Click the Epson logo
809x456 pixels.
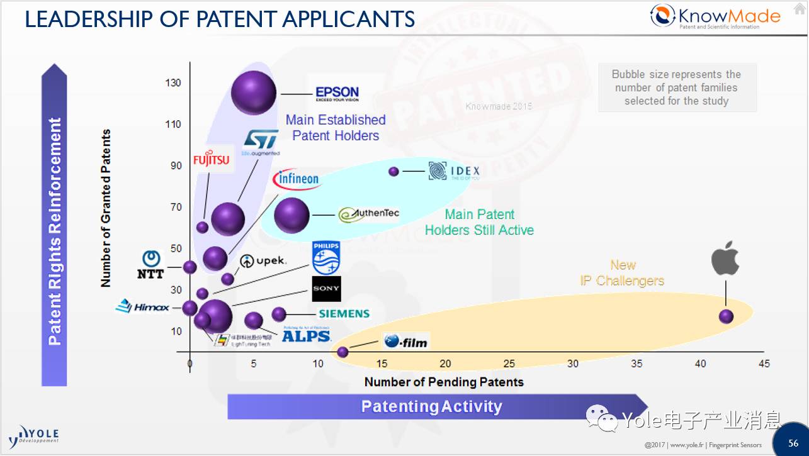[x=337, y=94]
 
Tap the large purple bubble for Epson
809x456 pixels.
[x=254, y=93]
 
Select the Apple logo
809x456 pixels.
[x=725, y=258]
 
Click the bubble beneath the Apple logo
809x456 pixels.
[x=727, y=316]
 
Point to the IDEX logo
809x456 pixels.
[x=454, y=171]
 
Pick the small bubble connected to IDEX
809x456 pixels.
[x=394, y=172]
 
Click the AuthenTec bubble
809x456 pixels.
[x=291, y=215]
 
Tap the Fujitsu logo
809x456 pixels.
[x=212, y=160]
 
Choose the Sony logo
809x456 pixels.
[x=326, y=289]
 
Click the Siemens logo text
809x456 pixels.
[x=344, y=313]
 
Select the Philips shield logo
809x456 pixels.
[x=325, y=258]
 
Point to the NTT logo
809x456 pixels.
[x=150, y=265]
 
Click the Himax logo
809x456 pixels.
[x=143, y=307]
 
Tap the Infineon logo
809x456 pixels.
[x=296, y=180]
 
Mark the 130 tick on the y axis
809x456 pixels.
[x=173, y=83]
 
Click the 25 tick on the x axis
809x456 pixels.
[x=509, y=364]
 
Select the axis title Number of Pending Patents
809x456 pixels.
[x=444, y=382]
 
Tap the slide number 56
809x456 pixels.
[x=793, y=443]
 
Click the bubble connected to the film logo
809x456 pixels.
[x=342, y=352]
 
